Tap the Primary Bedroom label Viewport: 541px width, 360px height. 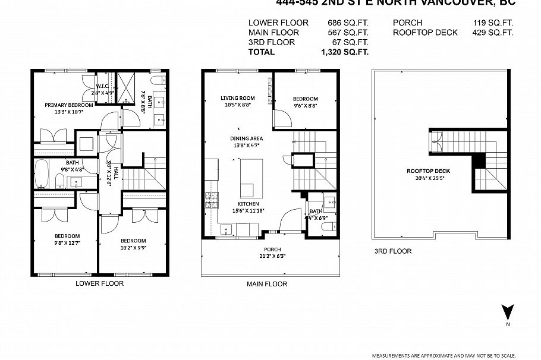(69, 105)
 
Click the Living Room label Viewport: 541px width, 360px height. (238, 99)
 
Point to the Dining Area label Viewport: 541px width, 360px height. (246, 138)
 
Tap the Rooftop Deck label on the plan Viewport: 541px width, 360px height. (428, 171)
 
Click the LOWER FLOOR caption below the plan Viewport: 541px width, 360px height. (99, 283)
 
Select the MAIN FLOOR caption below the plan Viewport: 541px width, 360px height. (267, 284)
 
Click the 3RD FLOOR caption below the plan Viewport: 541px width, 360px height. (393, 251)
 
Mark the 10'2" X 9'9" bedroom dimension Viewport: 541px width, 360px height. (134, 248)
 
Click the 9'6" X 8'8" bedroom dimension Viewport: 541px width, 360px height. (305, 106)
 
